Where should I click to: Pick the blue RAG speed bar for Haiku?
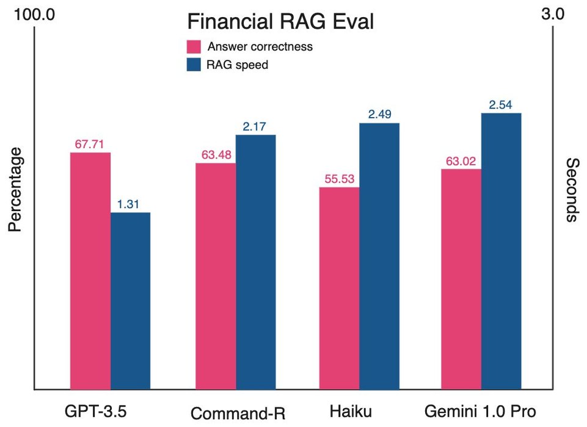379,256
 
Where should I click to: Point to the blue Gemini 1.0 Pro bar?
501,251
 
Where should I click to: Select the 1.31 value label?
129,204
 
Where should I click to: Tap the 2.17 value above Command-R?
255,126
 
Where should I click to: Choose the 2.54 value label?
501,105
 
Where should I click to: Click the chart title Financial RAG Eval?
280,22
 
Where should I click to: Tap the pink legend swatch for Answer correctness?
194,47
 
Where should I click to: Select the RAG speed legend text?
238,65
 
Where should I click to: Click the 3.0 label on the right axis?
553,15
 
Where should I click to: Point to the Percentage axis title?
15,190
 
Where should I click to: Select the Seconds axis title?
572,190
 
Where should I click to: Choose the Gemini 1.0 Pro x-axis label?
481,411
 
